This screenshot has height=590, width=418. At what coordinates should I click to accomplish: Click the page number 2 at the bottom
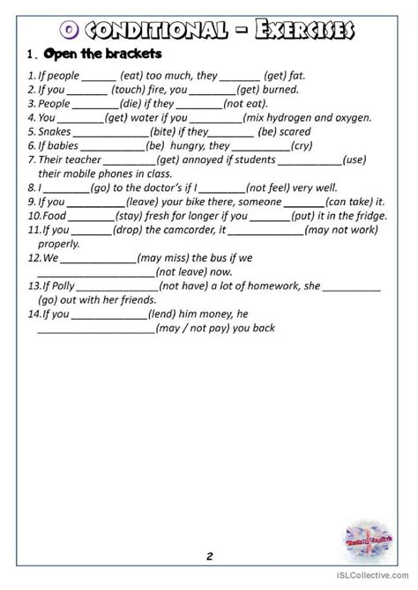(x=209, y=556)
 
